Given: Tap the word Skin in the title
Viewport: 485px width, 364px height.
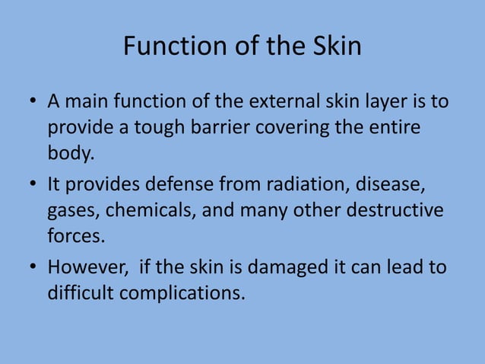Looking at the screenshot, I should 335,47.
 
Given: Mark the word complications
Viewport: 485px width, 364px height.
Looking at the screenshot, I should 189,293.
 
